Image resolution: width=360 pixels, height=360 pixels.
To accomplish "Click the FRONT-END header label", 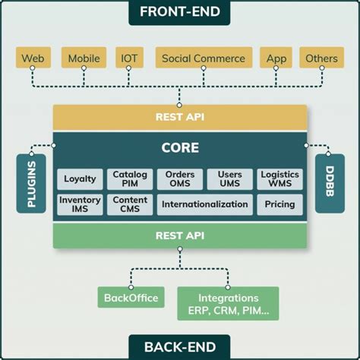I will tap(179, 12).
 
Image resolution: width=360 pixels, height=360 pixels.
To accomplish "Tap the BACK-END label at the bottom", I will tap(179, 346).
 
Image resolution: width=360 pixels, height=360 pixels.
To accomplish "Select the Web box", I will tap(33, 58).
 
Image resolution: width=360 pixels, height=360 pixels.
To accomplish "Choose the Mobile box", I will tap(84, 58).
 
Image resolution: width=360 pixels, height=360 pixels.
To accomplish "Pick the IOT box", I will tap(128, 58).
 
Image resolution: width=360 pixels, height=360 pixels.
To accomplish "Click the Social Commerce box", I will tap(204, 58).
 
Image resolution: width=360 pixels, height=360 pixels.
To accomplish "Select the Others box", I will tap(321, 58).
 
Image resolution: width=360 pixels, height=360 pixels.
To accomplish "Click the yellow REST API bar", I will tap(179, 117).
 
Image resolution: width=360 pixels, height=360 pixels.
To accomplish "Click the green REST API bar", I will tap(179, 235).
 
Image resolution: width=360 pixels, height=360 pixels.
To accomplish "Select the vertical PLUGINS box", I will tap(30, 183).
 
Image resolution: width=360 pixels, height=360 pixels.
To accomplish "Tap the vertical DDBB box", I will tap(329, 183).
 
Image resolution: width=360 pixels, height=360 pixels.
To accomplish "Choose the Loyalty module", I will tap(80, 179).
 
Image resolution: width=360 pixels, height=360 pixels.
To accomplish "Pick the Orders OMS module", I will tap(179, 179).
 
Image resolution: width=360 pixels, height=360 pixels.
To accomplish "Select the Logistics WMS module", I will tap(279, 179).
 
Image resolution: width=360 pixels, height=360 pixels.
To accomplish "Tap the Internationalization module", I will tap(204, 204).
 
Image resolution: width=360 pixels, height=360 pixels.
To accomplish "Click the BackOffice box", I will tap(131, 298).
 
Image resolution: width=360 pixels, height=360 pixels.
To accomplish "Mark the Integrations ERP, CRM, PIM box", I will tap(228, 303).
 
